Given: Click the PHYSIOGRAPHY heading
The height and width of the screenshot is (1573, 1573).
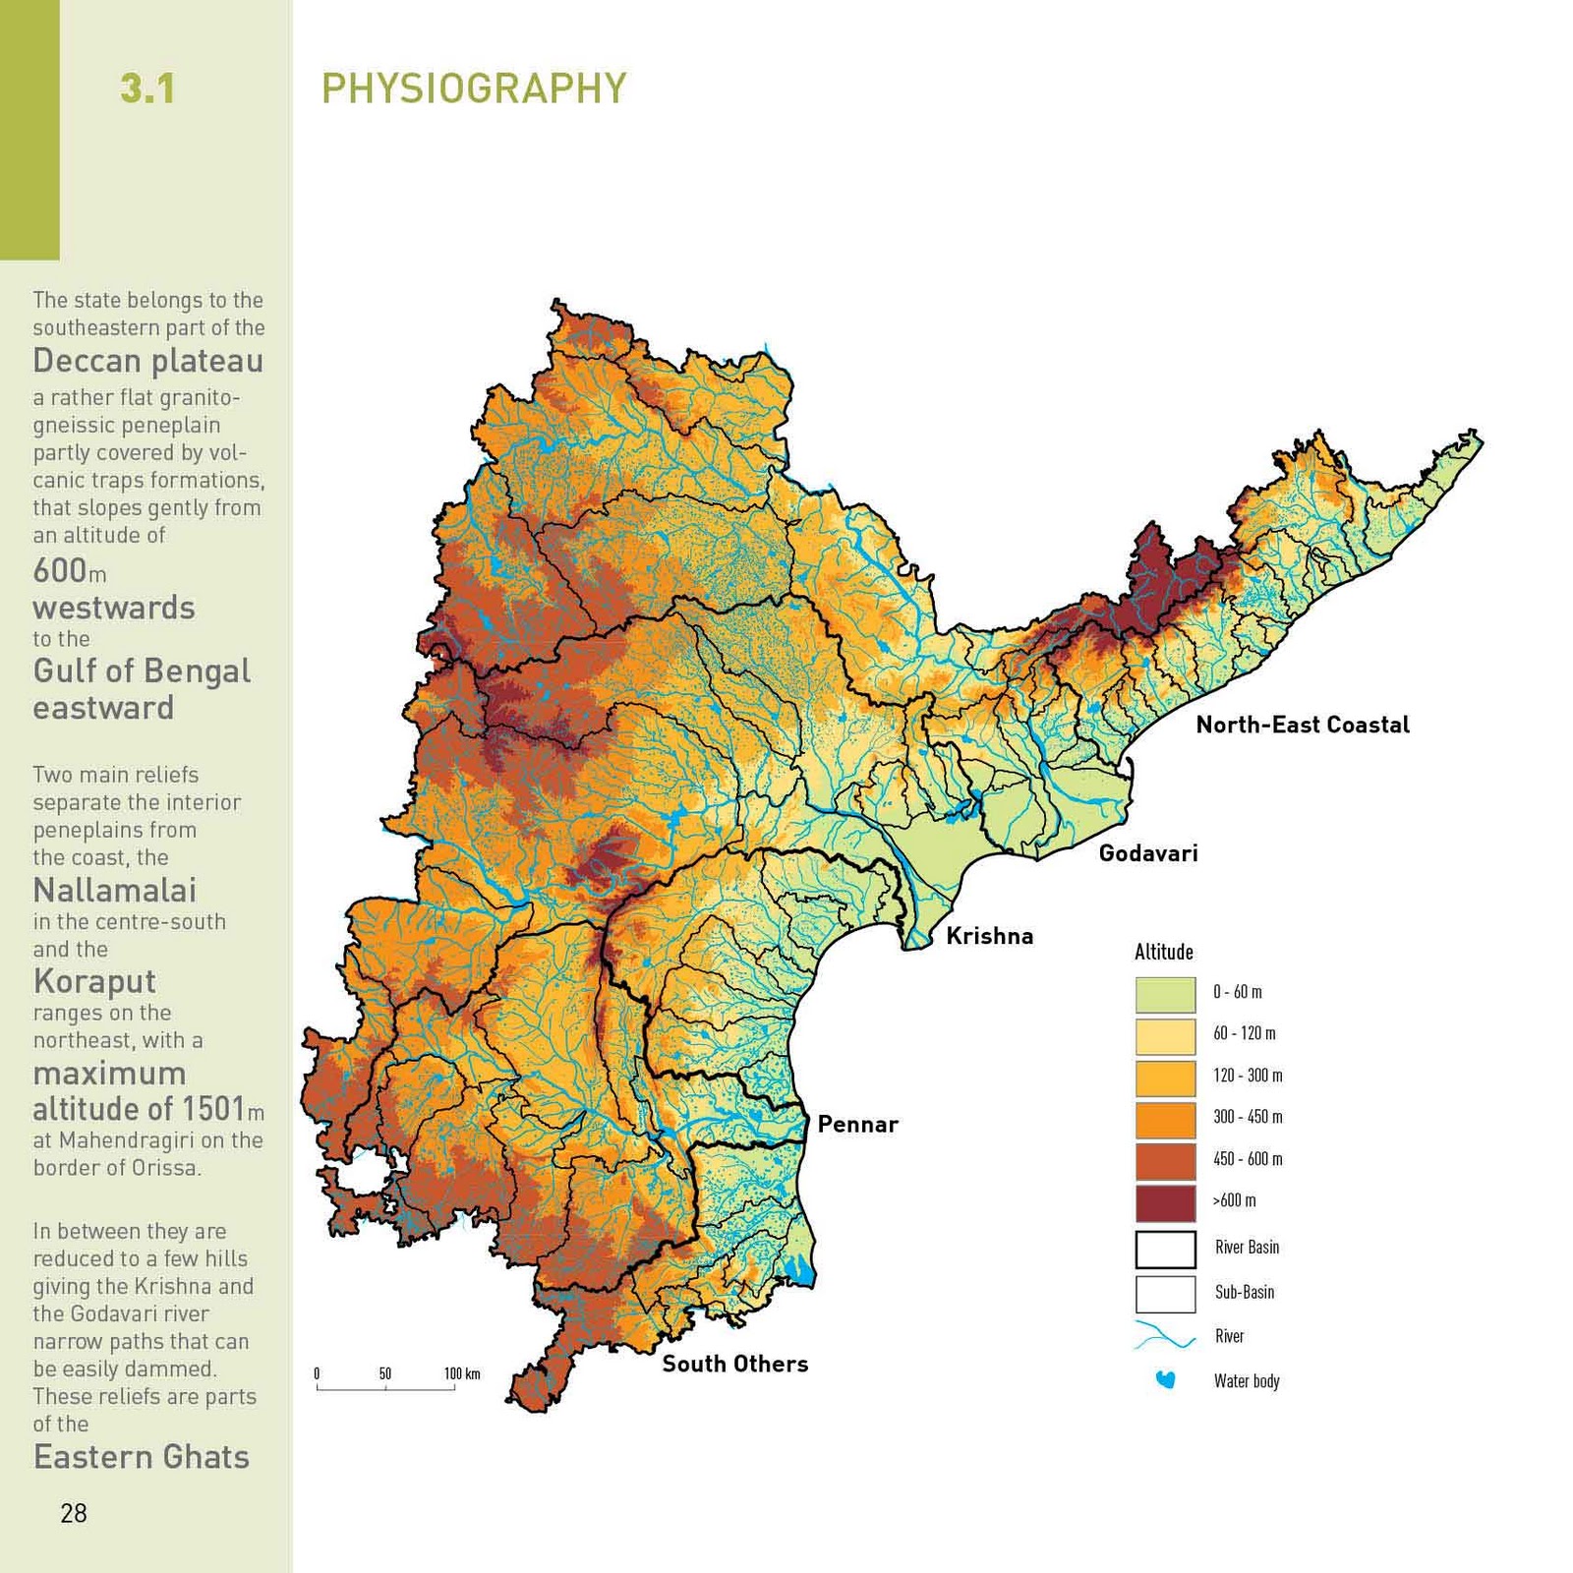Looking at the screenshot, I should click(473, 88).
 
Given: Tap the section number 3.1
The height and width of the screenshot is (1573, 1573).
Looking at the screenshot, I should click(147, 88).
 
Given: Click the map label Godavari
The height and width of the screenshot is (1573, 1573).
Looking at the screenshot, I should click(1147, 853).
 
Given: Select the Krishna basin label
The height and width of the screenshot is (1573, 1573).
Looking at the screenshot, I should click(989, 936).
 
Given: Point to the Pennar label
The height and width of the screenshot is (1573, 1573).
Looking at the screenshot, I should click(857, 1125).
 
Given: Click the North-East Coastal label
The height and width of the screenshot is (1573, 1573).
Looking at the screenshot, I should click(1302, 726).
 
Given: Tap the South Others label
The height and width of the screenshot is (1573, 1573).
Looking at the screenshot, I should click(734, 1364).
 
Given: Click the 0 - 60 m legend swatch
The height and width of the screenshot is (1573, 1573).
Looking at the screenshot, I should click(1165, 994).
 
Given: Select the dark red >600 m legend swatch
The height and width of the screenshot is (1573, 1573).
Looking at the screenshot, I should click(1165, 1202).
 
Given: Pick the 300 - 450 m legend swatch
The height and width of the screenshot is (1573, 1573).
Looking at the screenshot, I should click(1165, 1119).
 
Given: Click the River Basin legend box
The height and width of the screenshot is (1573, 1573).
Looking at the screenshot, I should click(1165, 1250).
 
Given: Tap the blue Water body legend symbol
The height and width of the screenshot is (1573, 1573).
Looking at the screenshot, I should click(1165, 1380).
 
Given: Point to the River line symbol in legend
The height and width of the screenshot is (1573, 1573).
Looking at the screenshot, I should click(1165, 1337).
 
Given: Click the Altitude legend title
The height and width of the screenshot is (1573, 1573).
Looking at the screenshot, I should click(1163, 952).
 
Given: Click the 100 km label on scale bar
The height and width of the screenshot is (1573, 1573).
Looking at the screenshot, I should click(461, 1373).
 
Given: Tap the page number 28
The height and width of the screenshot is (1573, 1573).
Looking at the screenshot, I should click(74, 1513).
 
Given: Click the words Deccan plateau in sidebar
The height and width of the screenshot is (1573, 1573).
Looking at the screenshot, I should click(147, 361).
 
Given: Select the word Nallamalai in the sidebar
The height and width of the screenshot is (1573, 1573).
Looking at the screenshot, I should click(114, 891).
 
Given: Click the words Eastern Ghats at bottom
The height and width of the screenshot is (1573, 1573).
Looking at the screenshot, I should click(141, 1457).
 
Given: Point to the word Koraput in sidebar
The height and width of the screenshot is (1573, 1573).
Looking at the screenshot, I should click(94, 981).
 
